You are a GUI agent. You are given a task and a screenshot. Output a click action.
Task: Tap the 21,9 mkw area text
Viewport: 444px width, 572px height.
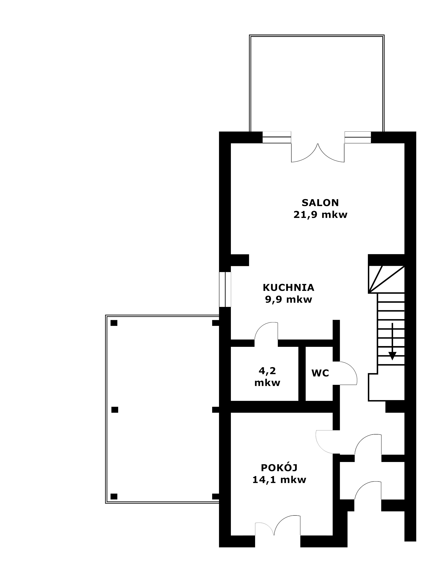320,215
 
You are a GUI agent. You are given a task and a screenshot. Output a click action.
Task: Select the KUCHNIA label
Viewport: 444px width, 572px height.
288,288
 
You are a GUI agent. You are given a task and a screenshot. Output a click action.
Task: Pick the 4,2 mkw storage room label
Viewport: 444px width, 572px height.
267,377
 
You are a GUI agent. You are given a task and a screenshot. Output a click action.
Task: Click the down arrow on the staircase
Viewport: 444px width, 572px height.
392,342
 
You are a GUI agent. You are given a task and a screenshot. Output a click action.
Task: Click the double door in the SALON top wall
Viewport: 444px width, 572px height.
318,153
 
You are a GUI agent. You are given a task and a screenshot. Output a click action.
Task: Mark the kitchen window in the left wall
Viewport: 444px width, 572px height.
225,289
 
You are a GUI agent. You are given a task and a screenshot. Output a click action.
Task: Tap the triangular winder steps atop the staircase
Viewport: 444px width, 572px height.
386,279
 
